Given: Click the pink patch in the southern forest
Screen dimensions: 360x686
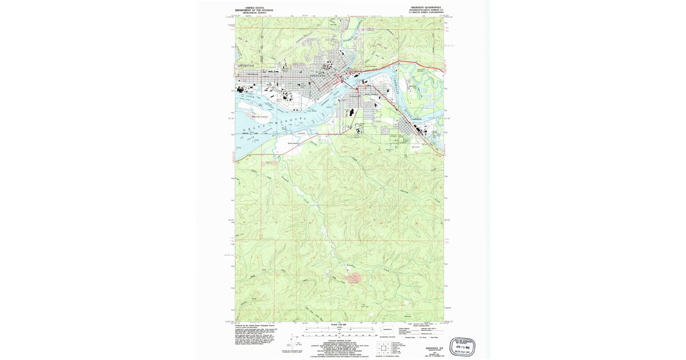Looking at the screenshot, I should click(x=354, y=278).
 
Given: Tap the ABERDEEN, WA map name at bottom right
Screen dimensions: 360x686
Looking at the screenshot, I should click(x=429, y=347).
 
